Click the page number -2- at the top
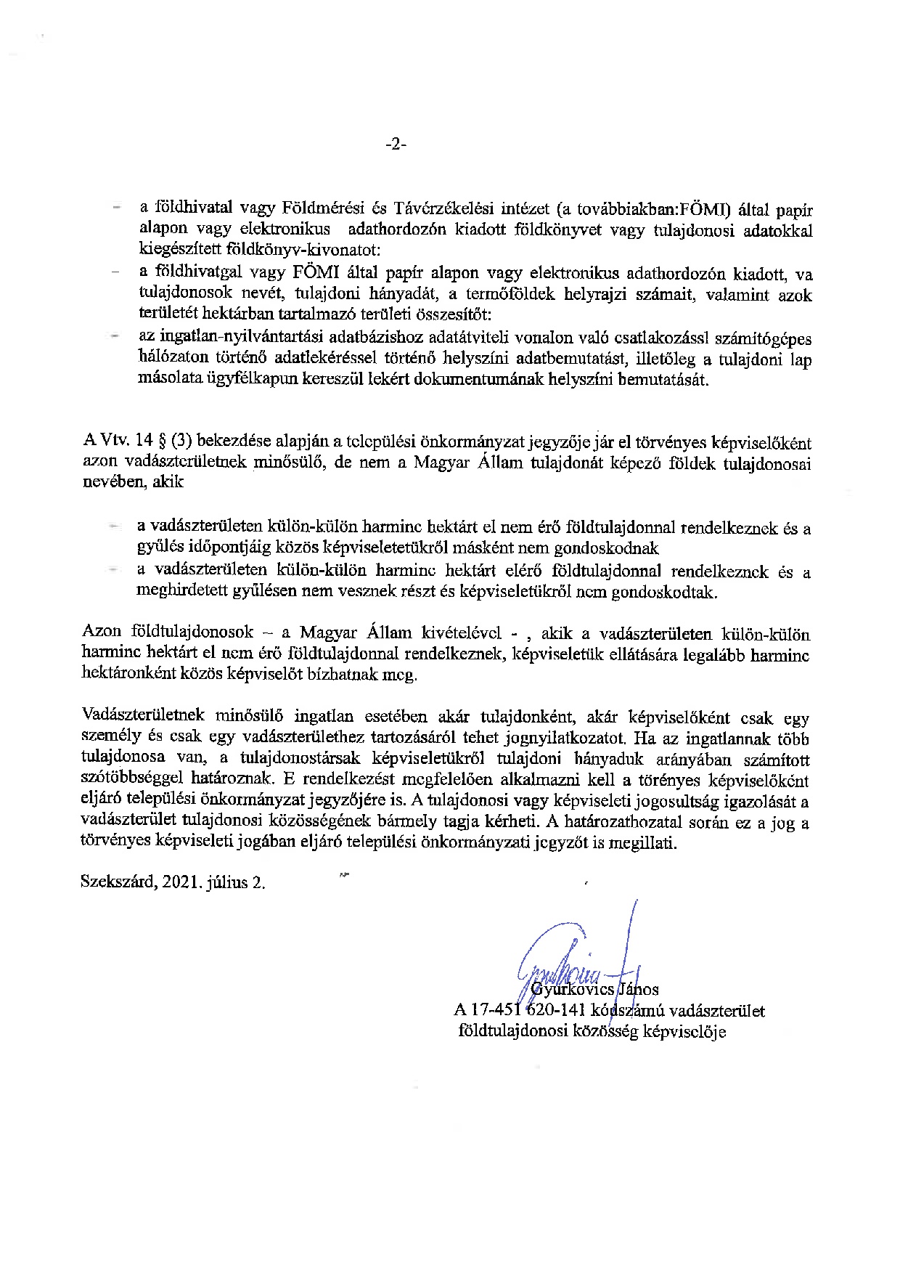396,145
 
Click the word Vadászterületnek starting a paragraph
144,717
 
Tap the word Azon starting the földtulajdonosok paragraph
102,632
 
